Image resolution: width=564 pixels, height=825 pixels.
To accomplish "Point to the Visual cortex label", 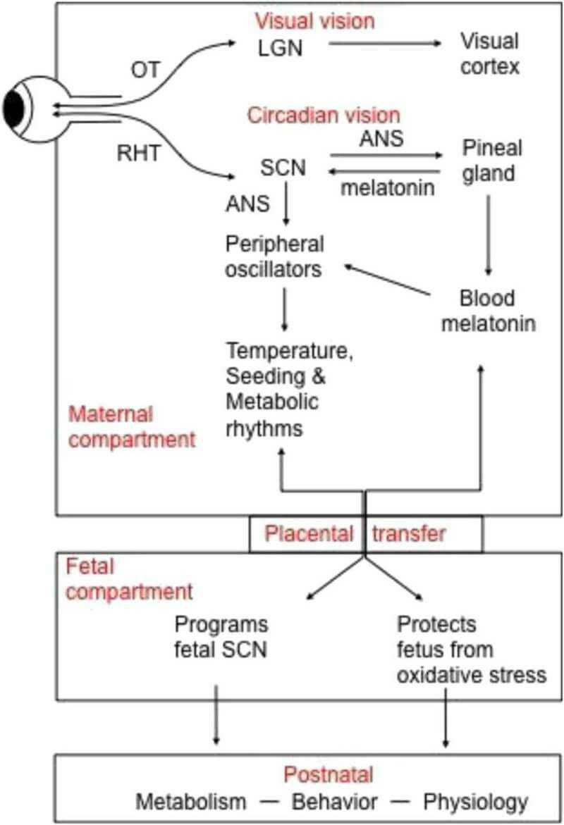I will [x=489, y=54].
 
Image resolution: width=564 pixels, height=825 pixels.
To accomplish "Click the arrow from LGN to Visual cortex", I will [x=384, y=44].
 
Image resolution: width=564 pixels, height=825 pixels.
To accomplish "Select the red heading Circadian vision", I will [x=323, y=114].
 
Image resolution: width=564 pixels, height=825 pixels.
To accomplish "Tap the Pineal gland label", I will [x=492, y=160].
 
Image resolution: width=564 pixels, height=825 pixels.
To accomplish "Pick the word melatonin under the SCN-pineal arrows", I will [x=386, y=189].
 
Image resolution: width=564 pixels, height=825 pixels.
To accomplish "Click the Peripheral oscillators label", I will [x=275, y=256].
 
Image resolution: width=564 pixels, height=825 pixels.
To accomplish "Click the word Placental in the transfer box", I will [x=309, y=533].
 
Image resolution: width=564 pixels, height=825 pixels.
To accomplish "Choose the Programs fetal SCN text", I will [x=221, y=637].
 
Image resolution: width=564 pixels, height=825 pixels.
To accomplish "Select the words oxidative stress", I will [x=471, y=674].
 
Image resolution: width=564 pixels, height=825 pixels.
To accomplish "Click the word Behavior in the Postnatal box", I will [x=335, y=801].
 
